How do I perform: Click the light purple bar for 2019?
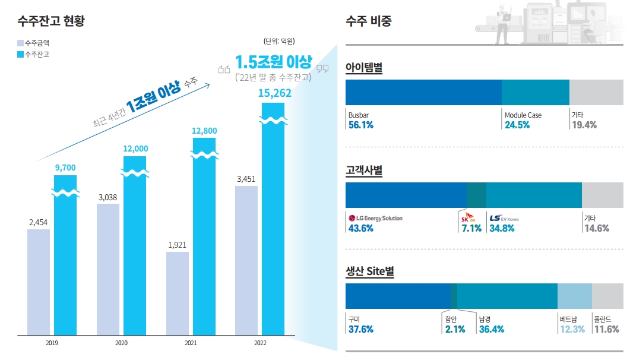[x=39, y=282]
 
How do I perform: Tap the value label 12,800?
[x=204, y=131]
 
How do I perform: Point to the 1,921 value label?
[x=178, y=245]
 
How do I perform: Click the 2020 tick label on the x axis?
[x=121, y=343]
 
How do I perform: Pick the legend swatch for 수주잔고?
[x=20, y=54]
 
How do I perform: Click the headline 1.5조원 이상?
[x=273, y=62]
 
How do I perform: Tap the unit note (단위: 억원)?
[x=278, y=41]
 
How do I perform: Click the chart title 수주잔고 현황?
[x=51, y=21]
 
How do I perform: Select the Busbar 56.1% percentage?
[x=360, y=125]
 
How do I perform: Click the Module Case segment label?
[x=523, y=115]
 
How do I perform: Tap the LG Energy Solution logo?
[x=375, y=218]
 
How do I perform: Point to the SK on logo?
[x=468, y=217]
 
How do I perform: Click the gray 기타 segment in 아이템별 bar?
[x=596, y=93]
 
